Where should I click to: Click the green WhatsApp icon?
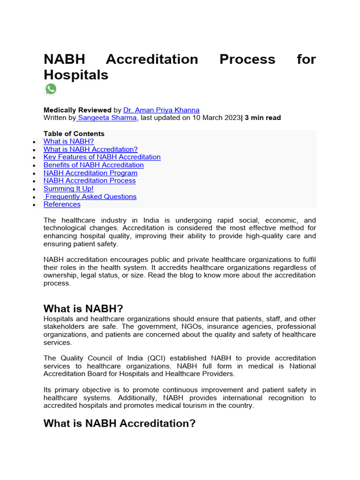[x=51, y=89]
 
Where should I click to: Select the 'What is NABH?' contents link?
[x=68, y=141]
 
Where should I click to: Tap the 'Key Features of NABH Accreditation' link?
[x=102, y=157]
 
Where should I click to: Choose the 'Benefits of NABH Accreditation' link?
[x=93, y=165]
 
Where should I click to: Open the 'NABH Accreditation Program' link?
[x=90, y=173]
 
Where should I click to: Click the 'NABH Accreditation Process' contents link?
[x=89, y=180]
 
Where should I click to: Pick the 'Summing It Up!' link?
[x=68, y=188]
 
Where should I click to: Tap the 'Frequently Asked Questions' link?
[x=90, y=196]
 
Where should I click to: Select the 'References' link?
[x=62, y=204]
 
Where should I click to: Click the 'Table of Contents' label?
[x=74, y=134]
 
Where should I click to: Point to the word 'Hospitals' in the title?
[x=76, y=75]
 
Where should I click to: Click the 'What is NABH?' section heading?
[x=83, y=308]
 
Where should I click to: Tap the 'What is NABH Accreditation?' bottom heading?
[x=119, y=423]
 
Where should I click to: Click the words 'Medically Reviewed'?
[x=77, y=110]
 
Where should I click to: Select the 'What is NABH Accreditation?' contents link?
[x=90, y=149]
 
